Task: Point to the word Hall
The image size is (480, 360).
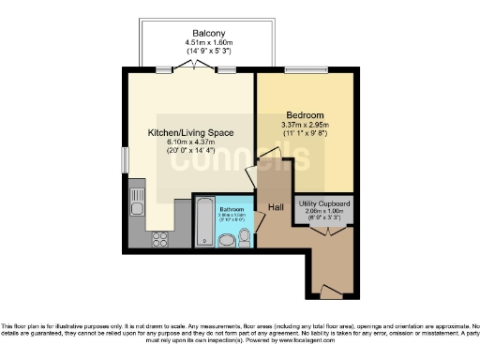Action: pos(277,207)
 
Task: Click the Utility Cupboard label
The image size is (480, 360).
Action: pos(324,203)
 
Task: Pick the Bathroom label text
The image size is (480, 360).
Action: pos(232,209)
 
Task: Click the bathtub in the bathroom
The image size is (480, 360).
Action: pos(203,223)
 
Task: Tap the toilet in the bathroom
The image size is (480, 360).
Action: pos(244,239)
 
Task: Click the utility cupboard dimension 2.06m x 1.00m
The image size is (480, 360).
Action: pos(324,212)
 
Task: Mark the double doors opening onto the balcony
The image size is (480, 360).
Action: pos(195,66)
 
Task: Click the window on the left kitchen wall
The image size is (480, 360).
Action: pos(125,158)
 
